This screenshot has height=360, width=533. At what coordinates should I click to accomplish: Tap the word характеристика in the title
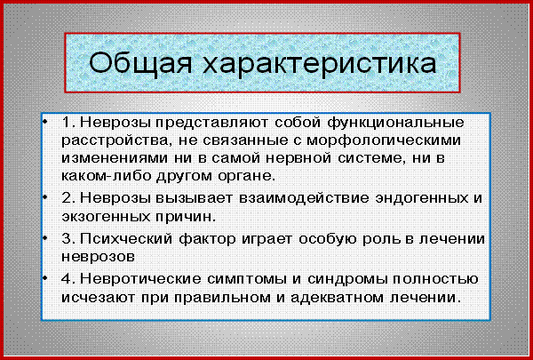(320, 64)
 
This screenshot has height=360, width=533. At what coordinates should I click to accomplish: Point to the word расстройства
(115, 141)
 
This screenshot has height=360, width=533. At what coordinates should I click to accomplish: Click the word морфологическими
(384, 141)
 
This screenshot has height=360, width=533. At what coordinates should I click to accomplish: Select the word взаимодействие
(304, 198)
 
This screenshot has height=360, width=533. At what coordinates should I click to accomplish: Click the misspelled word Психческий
(126, 238)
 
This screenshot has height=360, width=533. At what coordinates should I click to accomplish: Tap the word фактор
(207, 239)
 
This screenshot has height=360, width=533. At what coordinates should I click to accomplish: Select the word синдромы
(347, 280)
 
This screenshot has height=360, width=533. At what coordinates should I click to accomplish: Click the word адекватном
(336, 298)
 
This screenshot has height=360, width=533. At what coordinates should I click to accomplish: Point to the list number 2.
(66, 198)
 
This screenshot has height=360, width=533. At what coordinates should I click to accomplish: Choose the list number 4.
(66, 279)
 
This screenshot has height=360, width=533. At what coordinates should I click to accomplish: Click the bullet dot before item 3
(44, 238)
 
